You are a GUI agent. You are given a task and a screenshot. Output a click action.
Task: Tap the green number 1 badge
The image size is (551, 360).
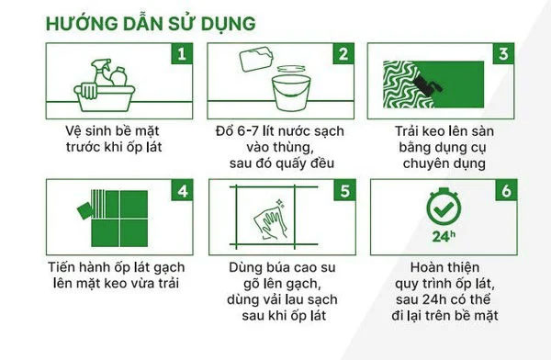181,52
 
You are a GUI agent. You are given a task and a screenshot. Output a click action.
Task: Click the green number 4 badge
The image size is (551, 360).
181,191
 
